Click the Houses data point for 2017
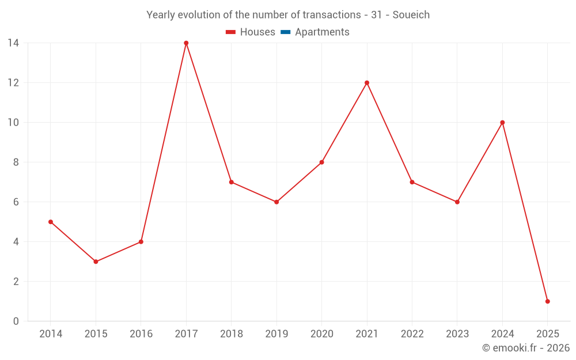186,43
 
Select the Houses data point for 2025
547,301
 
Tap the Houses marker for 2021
367,83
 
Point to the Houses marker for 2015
96,262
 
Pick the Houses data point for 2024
502,123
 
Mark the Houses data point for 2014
51,222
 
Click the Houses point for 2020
321,162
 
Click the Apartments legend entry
322,32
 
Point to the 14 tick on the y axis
13,43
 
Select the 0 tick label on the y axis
16,321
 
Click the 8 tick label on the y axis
16,162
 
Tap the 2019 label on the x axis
276,334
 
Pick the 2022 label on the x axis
412,334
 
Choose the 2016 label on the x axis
141,334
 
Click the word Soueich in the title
411,15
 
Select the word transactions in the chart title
331,15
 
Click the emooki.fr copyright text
526,348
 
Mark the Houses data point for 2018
231,182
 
